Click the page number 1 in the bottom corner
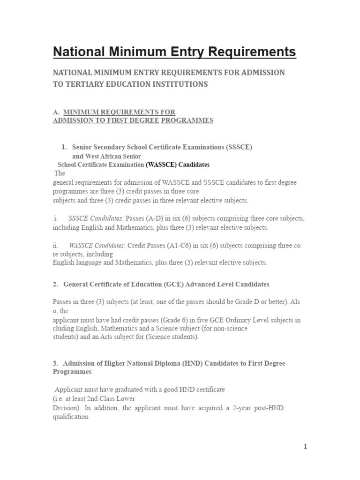(305, 447)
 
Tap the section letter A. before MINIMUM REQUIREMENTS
(56, 112)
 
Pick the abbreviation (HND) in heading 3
(175, 363)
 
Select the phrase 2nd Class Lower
(111, 398)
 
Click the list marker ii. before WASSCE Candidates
(56, 245)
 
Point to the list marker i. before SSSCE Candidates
(55, 218)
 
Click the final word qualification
(71, 416)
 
